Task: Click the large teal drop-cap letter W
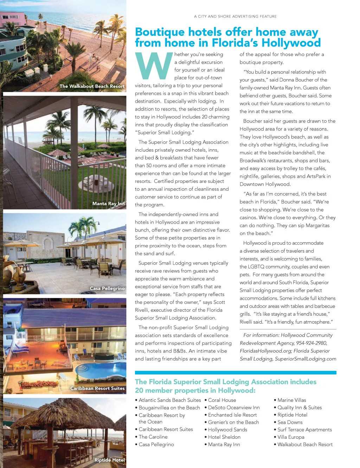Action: [x=154, y=66]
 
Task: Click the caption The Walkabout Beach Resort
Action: [x=92, y=86]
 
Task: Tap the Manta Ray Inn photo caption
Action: [x=108, y=204]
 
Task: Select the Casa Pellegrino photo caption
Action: [x=107, y=289]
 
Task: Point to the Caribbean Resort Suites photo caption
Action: [x=97, y=388]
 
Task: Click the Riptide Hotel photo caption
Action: [x=109, y=460]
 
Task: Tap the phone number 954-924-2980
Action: [x=311, y=343]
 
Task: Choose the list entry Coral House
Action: [x=222, y=400]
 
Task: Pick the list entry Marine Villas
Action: [x=291, y=400]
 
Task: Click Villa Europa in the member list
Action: [x=291, y=437]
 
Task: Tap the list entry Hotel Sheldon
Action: [x=224, y=437]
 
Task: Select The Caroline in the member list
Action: [x=153, y=437]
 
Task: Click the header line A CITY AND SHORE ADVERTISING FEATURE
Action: [x=235, y=17]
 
